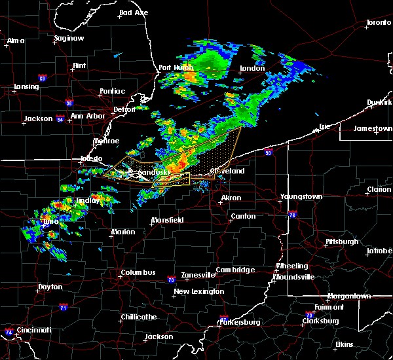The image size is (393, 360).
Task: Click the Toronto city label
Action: point(378,23)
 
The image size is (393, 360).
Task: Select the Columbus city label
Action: point(138,272)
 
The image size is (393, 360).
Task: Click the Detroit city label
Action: point(124,110)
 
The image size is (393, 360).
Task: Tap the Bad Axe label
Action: point(134,12)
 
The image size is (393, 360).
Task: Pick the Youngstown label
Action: point(301,196)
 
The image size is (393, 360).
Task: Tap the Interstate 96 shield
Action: point(69,103)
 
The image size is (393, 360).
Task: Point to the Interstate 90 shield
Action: point(268,153)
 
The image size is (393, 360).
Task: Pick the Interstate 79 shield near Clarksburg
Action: point(309,315)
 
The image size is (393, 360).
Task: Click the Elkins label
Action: point(345,344)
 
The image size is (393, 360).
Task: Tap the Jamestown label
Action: point(373,128)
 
